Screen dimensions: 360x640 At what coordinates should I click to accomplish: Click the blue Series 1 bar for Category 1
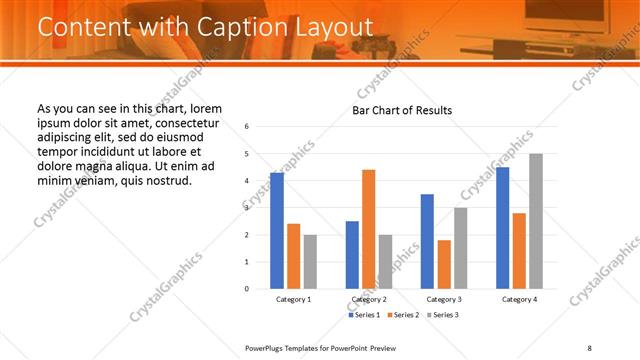pyautogui.click(x=277, y=231)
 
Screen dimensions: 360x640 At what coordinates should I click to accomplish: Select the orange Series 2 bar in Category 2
pyautogui.click(x=368, y=229)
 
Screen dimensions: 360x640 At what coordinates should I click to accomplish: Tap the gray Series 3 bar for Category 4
pyautogui.click(x=536, y=221)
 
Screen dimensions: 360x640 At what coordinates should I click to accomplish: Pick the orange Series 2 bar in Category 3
pyautogui.click(x=444, y=264)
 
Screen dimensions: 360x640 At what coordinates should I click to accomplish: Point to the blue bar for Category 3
pyautogui.click(x=427, y=241)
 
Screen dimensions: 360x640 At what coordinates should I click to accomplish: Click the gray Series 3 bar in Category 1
pyautogui.click(x=310, y=262)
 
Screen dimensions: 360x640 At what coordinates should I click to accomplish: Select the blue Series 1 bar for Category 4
pyautogui.click(x=502, y=228)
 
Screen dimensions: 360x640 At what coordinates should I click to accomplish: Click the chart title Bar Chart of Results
pyautogui.click(x=402, y=110)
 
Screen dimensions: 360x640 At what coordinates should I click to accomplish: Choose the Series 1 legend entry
pyautogui.click(x=365, y=315)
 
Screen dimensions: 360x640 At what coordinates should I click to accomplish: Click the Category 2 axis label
pyautogui.click(x=369, y=299)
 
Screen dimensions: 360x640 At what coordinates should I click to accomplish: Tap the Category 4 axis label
pyautogui.click(x=518, y=299)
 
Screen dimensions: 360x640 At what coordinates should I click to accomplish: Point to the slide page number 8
pyautogui.click(x=590, y=347)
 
